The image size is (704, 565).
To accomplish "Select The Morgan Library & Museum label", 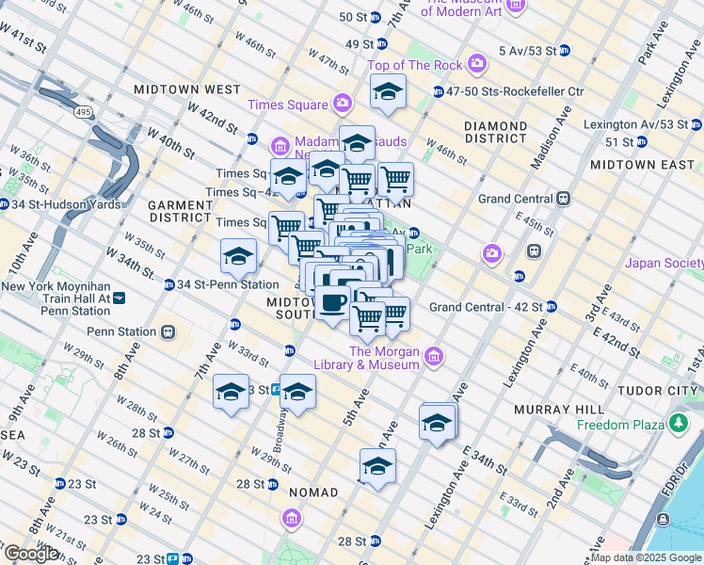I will [384, 358].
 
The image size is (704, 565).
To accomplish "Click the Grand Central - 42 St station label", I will [486, 307].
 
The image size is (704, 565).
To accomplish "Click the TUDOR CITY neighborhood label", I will [659, 390].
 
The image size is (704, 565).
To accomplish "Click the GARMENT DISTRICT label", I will [180, 210].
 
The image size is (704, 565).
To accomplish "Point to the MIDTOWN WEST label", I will [187, 89].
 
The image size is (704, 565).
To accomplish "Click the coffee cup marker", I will [332, 303].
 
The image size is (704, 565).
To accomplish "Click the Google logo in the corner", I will [31, 554].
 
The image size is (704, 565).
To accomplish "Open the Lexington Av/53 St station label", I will [635, 124].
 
